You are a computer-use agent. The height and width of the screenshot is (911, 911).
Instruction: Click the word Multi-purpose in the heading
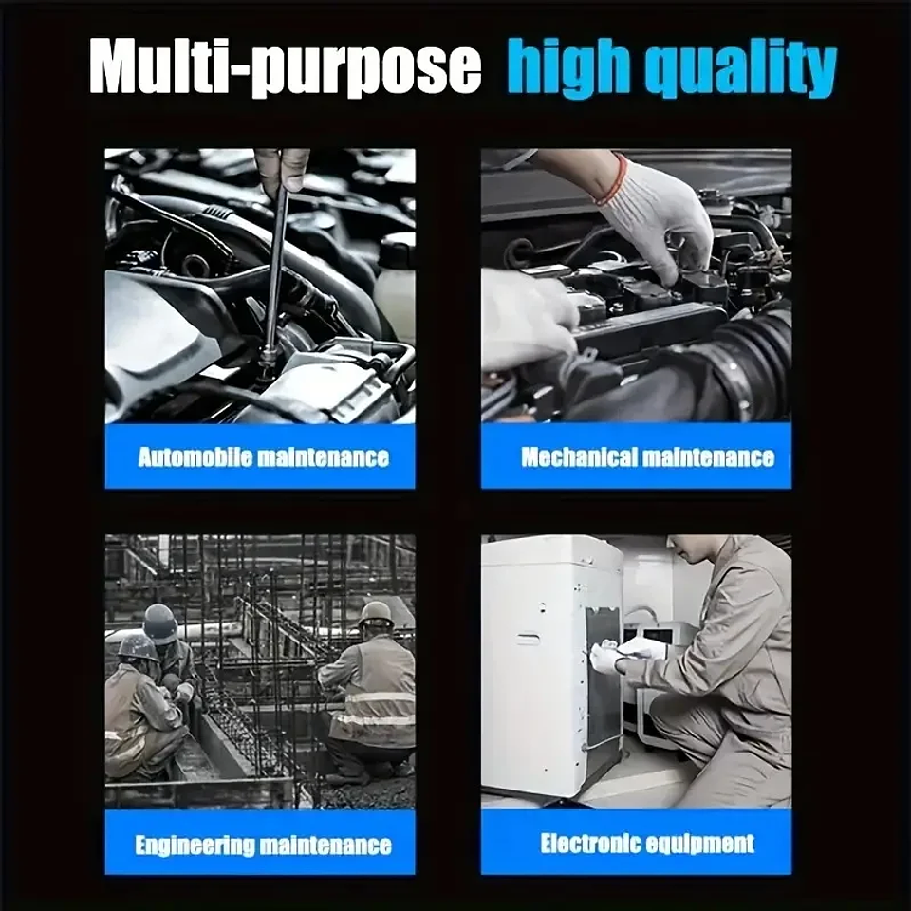(x=286, y=66)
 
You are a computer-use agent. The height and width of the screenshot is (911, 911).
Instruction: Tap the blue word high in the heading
(x=568, y=66)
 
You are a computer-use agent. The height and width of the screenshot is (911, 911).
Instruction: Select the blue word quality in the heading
(x=741, y=66)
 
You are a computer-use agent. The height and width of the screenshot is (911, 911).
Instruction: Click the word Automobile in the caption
(x=195, y=457)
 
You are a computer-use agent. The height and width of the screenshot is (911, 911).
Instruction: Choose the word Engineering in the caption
(x=195, y=845)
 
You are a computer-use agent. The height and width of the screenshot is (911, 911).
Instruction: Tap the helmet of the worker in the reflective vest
(x=377, y=615)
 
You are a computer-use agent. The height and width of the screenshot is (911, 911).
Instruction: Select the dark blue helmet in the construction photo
(x=160, y=623)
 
